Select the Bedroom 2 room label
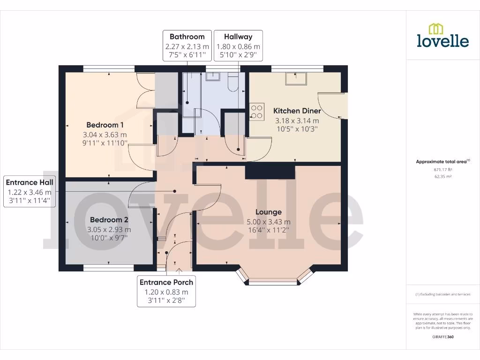pos(109,219)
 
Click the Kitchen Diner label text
pos(297,111)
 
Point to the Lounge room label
pos(269,212)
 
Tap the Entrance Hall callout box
pos(29,191)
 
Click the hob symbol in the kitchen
pos(257,112)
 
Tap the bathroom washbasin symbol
pos(213,77)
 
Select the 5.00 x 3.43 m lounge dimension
pos(269,222)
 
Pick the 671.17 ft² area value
pos(442,169)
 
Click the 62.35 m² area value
pos(442,176)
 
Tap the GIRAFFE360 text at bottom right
pos(442,337)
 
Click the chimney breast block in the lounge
pos(270,172)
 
